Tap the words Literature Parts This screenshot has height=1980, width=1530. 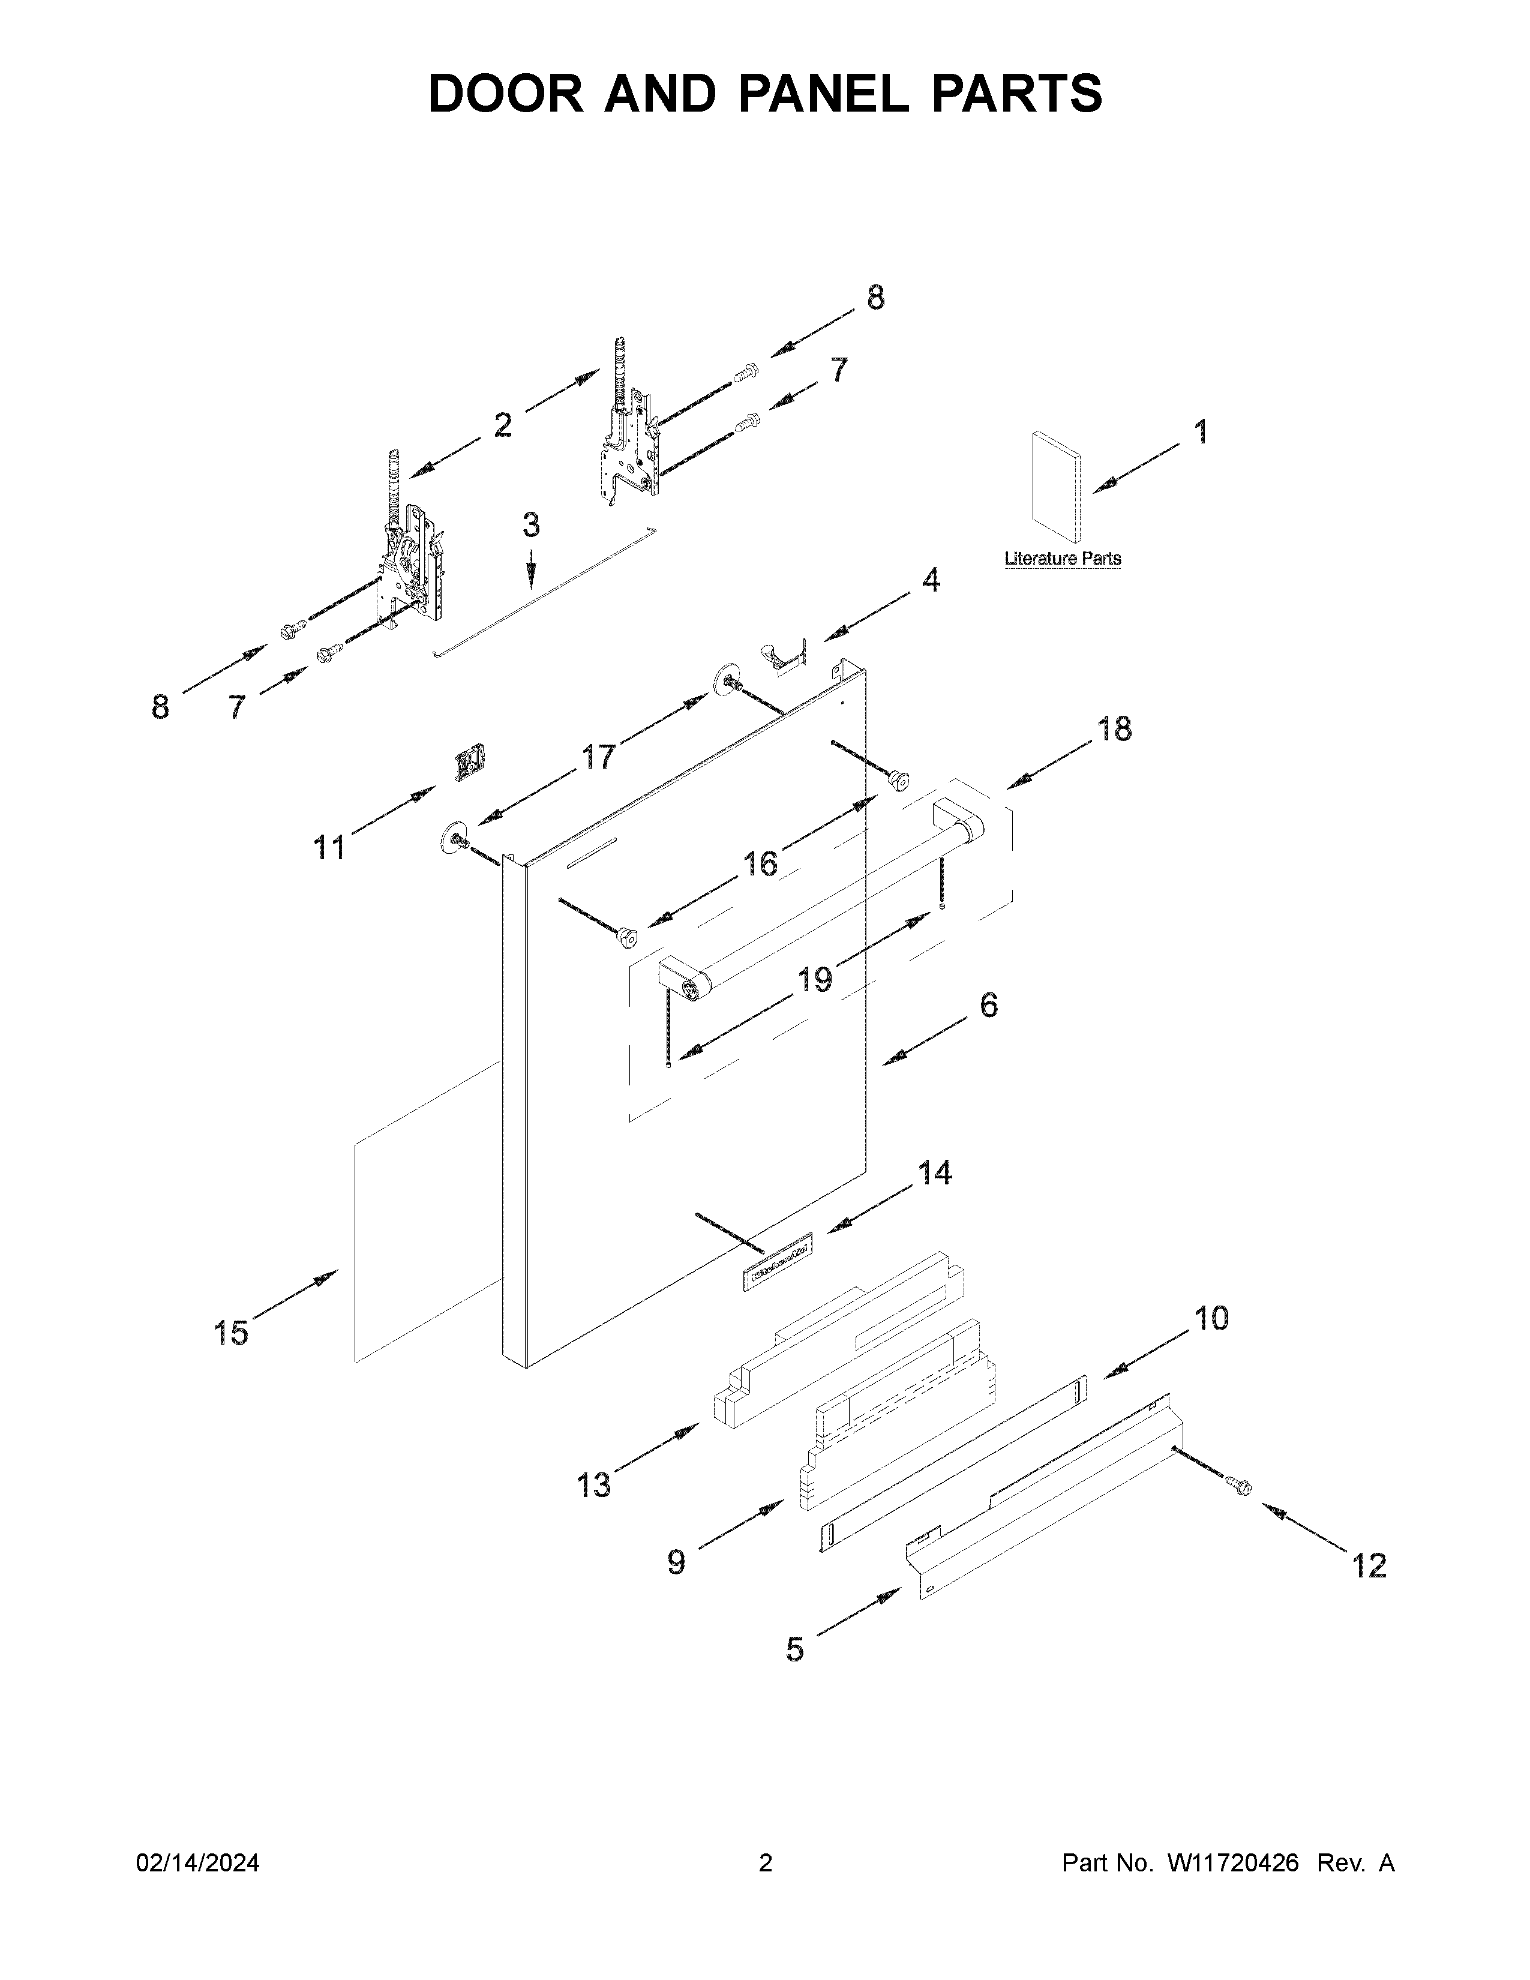point(1062,559)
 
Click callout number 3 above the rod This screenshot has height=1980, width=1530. point(531,525)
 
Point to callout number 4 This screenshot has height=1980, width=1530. point(931,580)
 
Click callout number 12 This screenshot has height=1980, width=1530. point(1369,1565)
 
